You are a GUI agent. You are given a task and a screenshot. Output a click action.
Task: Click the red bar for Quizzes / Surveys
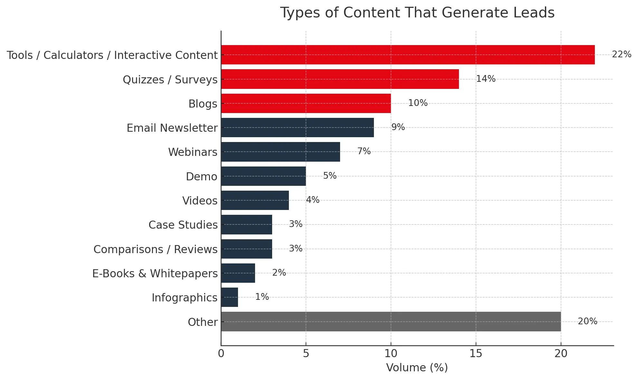(x=340, y=79)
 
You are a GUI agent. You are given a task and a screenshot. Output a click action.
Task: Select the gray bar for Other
(x=391, y=322)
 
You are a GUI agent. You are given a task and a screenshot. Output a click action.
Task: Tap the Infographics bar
(x=230, y=298)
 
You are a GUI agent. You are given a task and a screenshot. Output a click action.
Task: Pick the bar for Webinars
(x=281, y=152)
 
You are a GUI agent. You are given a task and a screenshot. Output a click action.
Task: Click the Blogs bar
(x=306, y=104)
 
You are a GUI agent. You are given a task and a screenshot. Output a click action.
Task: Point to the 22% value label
(x=621, y=54)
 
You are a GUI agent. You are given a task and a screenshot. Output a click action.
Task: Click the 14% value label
(x=486, y=79)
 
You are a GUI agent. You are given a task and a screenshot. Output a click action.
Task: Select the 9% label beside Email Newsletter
(x=398, y=127)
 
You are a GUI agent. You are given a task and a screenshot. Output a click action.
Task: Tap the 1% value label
(x=262, y=297)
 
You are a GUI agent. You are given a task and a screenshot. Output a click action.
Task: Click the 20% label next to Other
(x=587, y=321)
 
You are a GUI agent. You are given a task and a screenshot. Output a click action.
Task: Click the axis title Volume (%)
(x=417, y=368)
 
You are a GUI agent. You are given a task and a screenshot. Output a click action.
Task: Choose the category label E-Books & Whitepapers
(x=155, y=273)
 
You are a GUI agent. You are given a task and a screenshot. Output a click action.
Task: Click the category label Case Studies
(x=183, y=225)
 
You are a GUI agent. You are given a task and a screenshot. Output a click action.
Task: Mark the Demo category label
(x=202, y=176)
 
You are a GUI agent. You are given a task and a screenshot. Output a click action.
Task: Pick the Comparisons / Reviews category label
(x=155, y=249)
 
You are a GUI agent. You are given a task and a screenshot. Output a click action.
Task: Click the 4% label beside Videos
(x=312, y=200)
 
